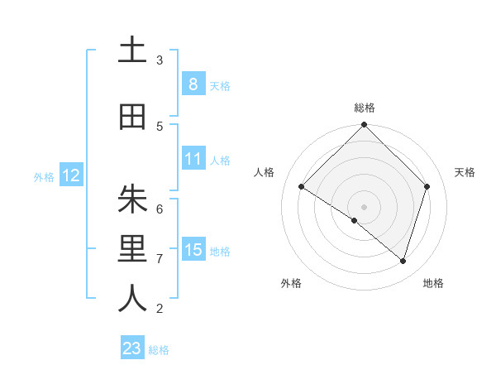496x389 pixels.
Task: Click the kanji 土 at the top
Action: click(132, 50)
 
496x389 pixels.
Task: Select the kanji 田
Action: click(132, 117)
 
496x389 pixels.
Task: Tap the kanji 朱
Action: click(132, 199)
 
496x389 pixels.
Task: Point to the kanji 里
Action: click(132, 250)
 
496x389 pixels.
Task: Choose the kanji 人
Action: click(132, 300)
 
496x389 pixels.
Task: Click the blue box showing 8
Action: click(193, 84)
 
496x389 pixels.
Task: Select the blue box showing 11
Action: click(193, 159)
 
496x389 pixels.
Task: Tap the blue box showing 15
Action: click(193, 250)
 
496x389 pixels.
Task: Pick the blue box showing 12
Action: click(70, 175)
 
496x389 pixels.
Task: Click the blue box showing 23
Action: click(132, 348)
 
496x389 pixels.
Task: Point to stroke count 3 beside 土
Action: click(160, 60)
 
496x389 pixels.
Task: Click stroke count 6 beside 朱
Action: click(160, 209)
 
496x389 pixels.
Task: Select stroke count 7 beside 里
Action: click(160, 259)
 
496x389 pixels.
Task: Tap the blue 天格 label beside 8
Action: click(220, 85)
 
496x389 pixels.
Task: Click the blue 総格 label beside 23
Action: click(159, 350)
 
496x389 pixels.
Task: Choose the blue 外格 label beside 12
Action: click(44, 176)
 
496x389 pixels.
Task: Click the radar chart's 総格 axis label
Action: click(365, 108)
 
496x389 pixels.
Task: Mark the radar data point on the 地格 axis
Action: click(403, 261)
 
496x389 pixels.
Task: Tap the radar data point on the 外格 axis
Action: click(355, 220)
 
